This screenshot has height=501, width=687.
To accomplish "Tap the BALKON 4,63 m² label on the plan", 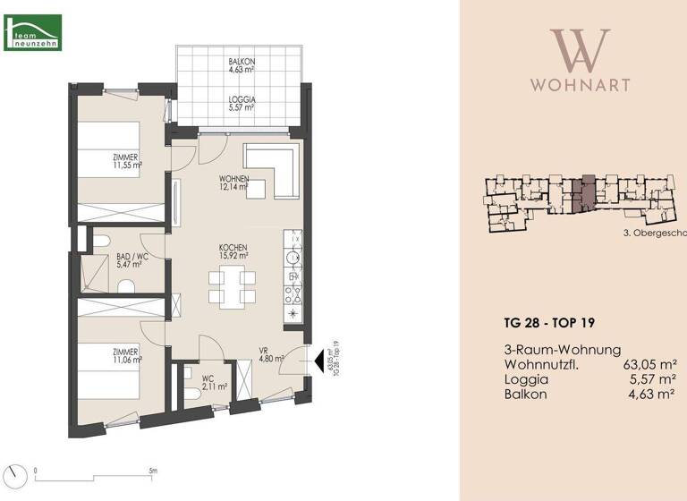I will pyautogui.click(x=242, y=64).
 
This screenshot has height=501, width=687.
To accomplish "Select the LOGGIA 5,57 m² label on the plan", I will pyautogui.click(x=242, y=103).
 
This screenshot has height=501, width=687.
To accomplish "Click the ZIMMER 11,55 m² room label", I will pyautogui.click(x=128, y=162).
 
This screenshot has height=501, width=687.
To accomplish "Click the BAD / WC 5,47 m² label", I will pyautogui.click(x=131, y=261).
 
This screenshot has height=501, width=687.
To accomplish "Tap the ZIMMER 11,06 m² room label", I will pyautogui.click(x=127, y=357).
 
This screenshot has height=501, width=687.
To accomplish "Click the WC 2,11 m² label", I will pyautogui.click(x=214, y=384).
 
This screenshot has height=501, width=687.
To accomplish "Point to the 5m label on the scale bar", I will pyautogui.click(x=153, y=469).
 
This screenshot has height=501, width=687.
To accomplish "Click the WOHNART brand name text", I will pyautogui.click(x=580, y=86).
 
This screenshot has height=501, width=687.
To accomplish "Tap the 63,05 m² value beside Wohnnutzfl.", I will pyautogui.click(x=648, y=364).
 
